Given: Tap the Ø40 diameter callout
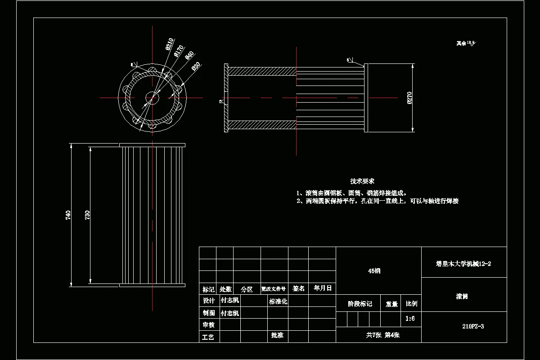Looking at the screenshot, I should pos(189,56).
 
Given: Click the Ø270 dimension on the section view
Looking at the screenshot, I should pos(409,98).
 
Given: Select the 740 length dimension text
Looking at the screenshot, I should pos(68,215).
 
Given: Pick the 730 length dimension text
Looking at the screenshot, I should pos(88,215).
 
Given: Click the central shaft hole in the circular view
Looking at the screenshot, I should pos(152,98).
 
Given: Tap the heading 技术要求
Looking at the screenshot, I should pos(362,181).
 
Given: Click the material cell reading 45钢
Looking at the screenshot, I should pos(374,271).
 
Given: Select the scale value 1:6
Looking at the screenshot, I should pos(410,319).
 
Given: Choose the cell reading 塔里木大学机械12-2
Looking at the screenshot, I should pos(463,264).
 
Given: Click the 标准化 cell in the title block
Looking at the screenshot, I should pos(278,301).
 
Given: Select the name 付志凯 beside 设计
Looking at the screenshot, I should pos(229,301).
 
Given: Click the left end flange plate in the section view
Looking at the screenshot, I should pos(227,98).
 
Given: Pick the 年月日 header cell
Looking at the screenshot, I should pos(323,288).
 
